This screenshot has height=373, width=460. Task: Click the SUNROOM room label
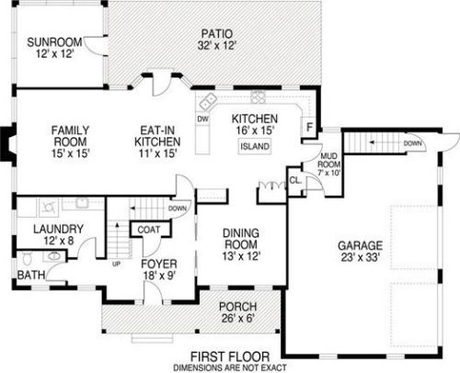point(54,42)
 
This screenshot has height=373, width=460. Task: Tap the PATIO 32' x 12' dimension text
point(216,46)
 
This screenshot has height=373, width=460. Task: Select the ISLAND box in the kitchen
point(255,146)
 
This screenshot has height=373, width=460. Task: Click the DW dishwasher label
point(202,119)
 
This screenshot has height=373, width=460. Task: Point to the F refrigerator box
point(309,126)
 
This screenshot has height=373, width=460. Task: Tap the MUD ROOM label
point(329,160)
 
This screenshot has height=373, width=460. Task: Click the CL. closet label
point(295,181)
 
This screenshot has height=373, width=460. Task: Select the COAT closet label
point(149,230)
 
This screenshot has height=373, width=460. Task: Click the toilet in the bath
point(28,259)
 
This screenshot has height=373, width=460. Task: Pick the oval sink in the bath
point(54,255)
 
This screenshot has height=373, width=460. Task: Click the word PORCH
point(238,307)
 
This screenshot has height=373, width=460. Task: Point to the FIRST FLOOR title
point(230,356)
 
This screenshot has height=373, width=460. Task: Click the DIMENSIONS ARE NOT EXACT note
point(230,367)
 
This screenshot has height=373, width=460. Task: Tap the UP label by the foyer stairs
point(116,264)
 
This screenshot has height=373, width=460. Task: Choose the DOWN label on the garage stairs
point(412,143)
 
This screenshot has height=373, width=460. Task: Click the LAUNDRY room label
point(58,229)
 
